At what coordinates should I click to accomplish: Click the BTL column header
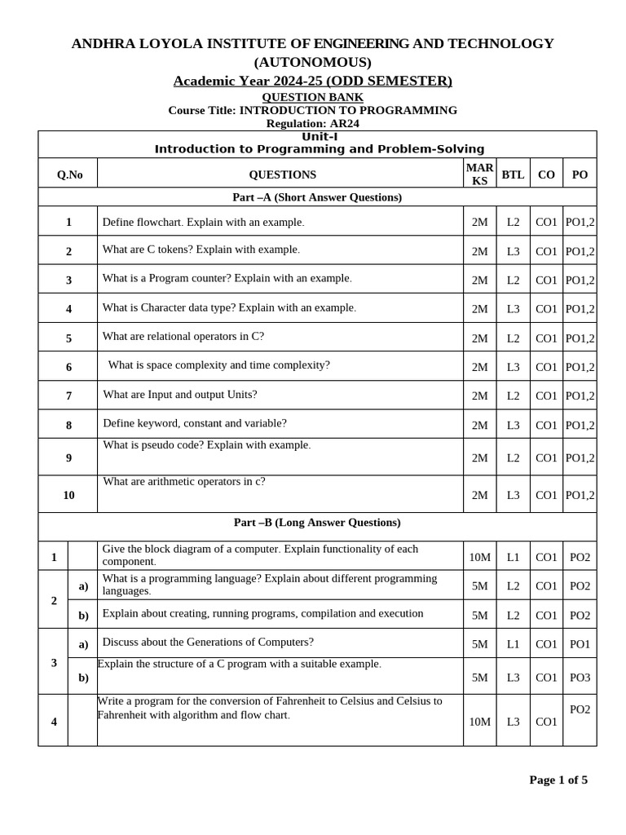(513, 175)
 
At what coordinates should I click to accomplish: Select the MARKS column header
(479, 175)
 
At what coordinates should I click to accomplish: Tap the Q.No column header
(69, 175)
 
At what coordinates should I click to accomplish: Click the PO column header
(580, 175)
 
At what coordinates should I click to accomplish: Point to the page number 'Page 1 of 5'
(558, 780)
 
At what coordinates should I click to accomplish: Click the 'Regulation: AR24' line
(312, 123)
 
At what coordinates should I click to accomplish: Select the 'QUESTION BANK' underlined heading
(312, 97)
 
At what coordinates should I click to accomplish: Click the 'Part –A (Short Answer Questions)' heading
(317, 197)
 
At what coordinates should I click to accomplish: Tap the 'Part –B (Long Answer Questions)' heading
(317, 522)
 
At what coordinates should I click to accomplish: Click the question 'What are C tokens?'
(201, 250)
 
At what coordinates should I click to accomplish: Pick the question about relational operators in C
(183, 336)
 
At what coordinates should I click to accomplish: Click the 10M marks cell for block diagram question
(479, 557)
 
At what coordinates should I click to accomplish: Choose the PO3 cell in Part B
(580, 677)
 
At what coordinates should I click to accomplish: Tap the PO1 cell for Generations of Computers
(580, 644)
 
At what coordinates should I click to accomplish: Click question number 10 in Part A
(68, 495)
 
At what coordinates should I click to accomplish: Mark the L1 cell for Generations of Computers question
(513, 644)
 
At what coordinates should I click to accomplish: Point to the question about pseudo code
(206, 445)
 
